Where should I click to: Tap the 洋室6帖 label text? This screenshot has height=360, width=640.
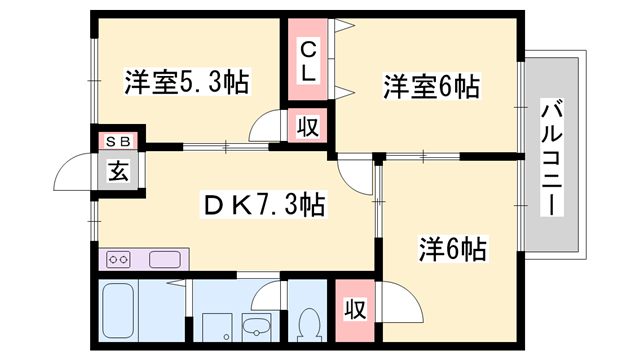(x=430, y=88)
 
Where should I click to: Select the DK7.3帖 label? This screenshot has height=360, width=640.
(x=263, y=207)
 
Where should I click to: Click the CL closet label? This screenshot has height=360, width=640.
(x=309, y=61)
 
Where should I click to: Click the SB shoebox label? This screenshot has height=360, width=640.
(x=118, y=142)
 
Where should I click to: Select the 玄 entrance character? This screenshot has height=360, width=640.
(x=119, y=171)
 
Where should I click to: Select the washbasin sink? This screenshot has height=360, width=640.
(x=256, y=325)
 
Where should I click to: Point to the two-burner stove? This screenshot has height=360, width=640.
(x=119, y=259)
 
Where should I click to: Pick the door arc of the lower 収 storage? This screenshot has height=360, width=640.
(x=392, y=300)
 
